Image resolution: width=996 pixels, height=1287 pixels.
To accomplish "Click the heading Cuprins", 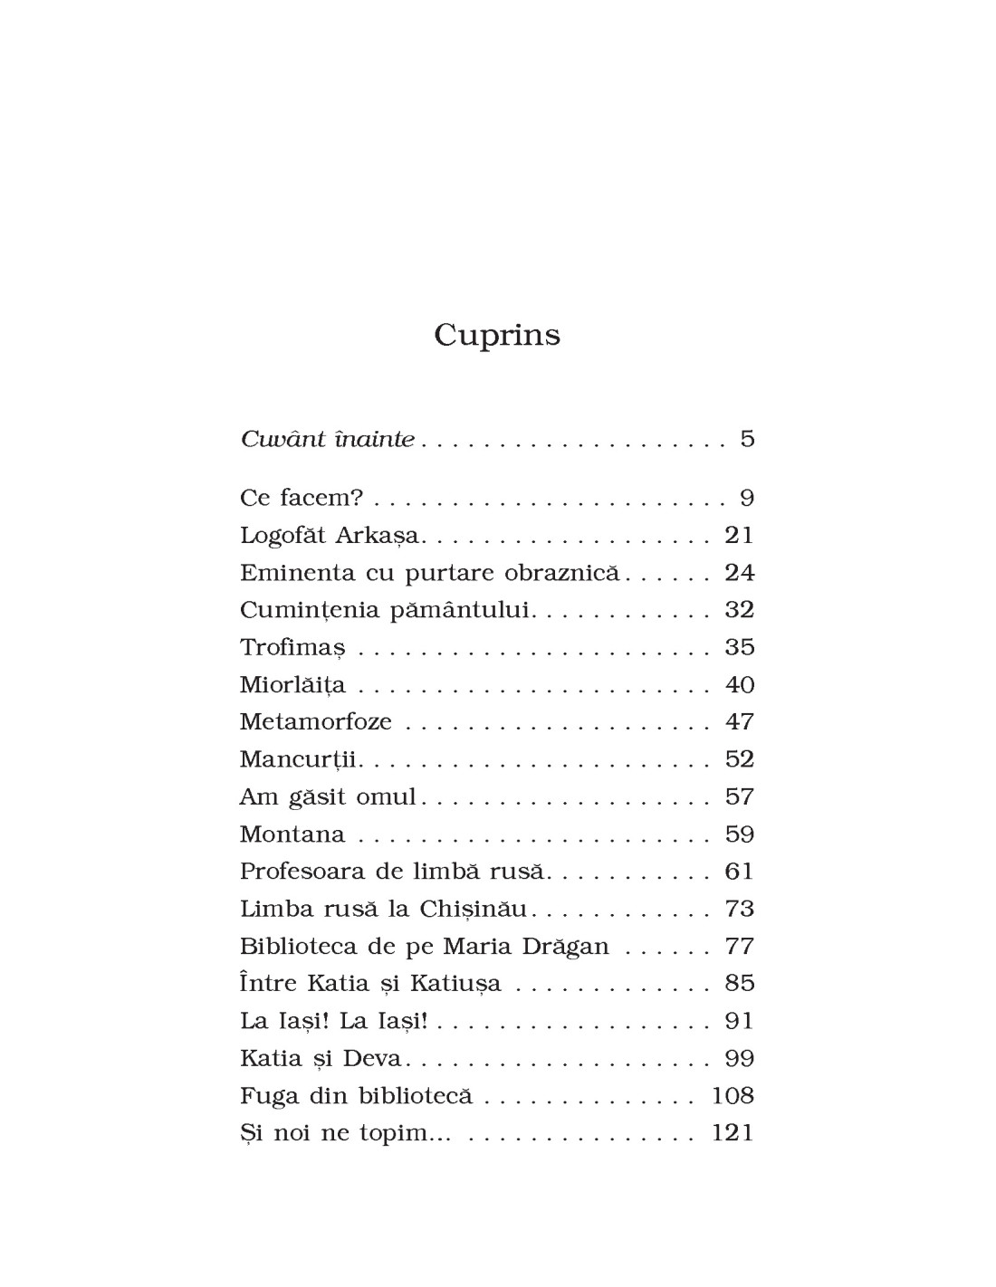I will point(497,335).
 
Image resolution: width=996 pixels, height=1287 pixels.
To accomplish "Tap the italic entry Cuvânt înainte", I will point(327,440).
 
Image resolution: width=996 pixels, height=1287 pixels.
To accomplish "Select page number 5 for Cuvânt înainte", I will point(747,440).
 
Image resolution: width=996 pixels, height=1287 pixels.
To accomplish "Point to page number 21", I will point(739,535).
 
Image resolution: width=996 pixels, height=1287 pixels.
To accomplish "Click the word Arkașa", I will point(378,536).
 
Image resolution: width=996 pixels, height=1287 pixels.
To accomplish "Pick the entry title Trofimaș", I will point(292,648).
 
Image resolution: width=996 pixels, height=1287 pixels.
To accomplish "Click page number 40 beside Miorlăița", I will point(739,685).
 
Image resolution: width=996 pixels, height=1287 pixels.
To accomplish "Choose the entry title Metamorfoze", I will point(315,722).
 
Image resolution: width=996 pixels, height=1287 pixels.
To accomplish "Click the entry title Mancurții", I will point(300,759).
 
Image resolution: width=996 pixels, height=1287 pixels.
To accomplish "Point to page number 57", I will point(739,797).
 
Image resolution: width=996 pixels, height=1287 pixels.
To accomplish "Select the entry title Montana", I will point(292,834).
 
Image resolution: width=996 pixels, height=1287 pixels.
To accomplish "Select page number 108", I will point(733,1096).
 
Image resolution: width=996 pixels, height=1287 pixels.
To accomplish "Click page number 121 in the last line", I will point(733,1133).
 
